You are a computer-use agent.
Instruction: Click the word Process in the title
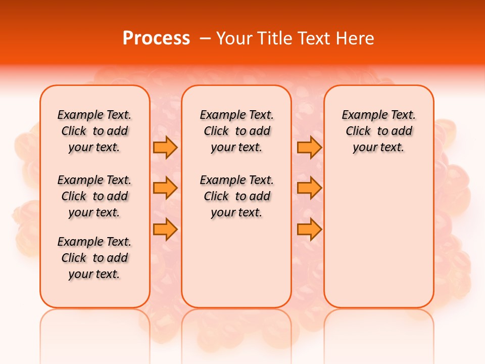[x=156, y=38]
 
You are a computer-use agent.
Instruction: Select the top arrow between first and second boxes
[x=165, y=147]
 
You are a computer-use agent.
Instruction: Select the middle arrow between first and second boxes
[x=165, y=188]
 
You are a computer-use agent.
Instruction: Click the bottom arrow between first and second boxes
[x=165, y=229]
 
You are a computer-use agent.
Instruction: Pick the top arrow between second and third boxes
[x=309, y=147]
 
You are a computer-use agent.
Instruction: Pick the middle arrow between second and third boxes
[x=309, y=188]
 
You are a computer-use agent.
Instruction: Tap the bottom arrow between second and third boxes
[x=309, y=229]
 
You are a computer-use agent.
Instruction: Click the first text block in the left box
[x=94, y=131]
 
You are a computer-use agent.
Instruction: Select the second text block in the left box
[x=94, y=196]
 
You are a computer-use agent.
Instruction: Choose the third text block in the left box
[x=94, y=258]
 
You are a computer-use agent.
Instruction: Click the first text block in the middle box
[x=237, y=131]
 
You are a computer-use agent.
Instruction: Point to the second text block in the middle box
[x=237, y=196]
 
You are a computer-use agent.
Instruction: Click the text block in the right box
[x=379, y=131]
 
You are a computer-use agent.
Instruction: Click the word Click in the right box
[x=358, y=131]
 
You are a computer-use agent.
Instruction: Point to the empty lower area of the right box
[x=379, y=238]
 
